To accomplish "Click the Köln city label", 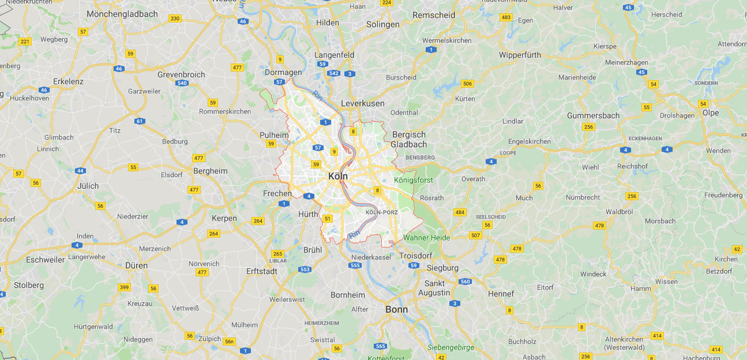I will tap(337, 176).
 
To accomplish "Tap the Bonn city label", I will tap(396, 309).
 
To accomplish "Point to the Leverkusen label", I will tap(363, 103).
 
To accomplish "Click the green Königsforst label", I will tap(413, 180).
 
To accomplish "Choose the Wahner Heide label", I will tap(427, 238).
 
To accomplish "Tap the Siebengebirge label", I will tap(451, 347).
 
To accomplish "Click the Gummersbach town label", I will tap(593, 115).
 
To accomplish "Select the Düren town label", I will tap(136, 266).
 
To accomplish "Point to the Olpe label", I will tap(711, 112).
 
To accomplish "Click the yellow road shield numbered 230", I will tap(175, 18).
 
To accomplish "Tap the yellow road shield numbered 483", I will tap(506, 17).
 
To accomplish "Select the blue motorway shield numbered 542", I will tap(333, 73).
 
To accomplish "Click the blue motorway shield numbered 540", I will tap(182, 83).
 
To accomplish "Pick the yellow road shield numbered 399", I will tap(123, 287).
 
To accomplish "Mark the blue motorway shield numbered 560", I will tap(466, 282).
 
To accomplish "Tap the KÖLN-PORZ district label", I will tap(381, 212).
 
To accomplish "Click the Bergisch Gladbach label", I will tap(409, 139).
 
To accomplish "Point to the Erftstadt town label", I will tap(261, 271).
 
